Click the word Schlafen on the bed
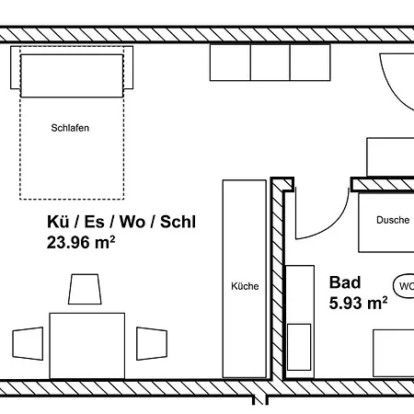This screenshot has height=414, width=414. tap(70, 128)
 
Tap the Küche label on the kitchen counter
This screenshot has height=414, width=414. tap(245, 286)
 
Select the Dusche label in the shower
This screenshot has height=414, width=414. tap(393, 220)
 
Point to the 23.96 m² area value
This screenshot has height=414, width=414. tap(81, 242)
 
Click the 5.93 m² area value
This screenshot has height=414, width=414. tap(358, 303)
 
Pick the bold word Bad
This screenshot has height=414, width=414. tap(345, 282)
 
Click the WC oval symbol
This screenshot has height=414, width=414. tap(404, 286)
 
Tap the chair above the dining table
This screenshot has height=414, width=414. tap(85, 289)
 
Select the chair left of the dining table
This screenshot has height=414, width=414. tap(28, 343)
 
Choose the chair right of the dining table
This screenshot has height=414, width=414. tap(152, 343)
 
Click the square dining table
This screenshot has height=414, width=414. tap(87, 346)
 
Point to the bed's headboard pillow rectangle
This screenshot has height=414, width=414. tap(72, 75)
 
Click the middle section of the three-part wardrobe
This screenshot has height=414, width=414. tap(270, 63)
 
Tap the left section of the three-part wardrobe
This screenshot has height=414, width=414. tap(230, 63)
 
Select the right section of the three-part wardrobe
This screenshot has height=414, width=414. tap(310, 63)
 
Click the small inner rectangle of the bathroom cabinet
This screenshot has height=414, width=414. tap(299, 347)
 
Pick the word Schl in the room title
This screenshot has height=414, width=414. tap(178, 222)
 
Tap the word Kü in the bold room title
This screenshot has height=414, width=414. tap(58, 222)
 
